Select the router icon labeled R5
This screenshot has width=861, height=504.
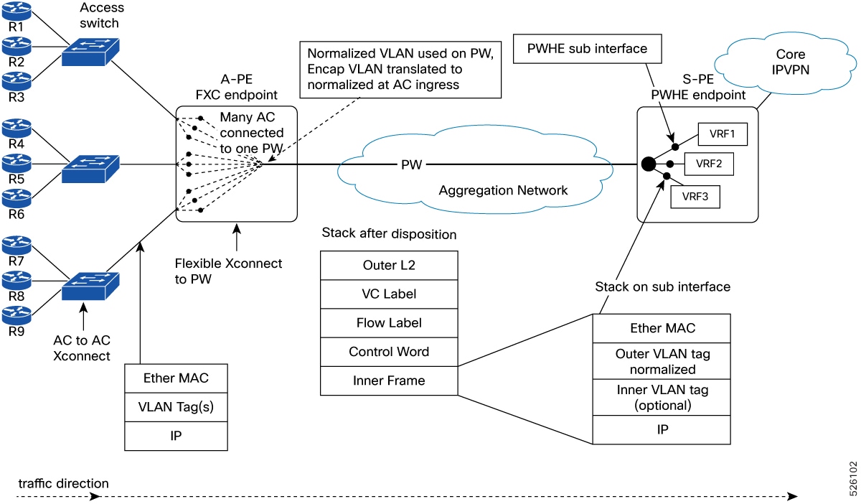pos(17,162)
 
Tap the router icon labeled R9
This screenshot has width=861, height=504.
pos(17,314)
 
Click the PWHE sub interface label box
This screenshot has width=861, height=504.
pos(587,49)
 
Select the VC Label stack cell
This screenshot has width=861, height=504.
pos(389,294)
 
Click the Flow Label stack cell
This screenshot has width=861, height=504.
pos(389,322)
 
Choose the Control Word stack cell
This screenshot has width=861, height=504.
pos(389,352)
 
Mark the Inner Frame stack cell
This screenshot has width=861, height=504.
pos(389,381)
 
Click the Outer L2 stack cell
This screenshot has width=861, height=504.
pos(389,265)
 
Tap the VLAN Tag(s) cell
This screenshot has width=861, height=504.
pos(177,407)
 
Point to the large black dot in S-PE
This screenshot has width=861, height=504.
pos(648,164)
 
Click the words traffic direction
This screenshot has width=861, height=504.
pos(64,483)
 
